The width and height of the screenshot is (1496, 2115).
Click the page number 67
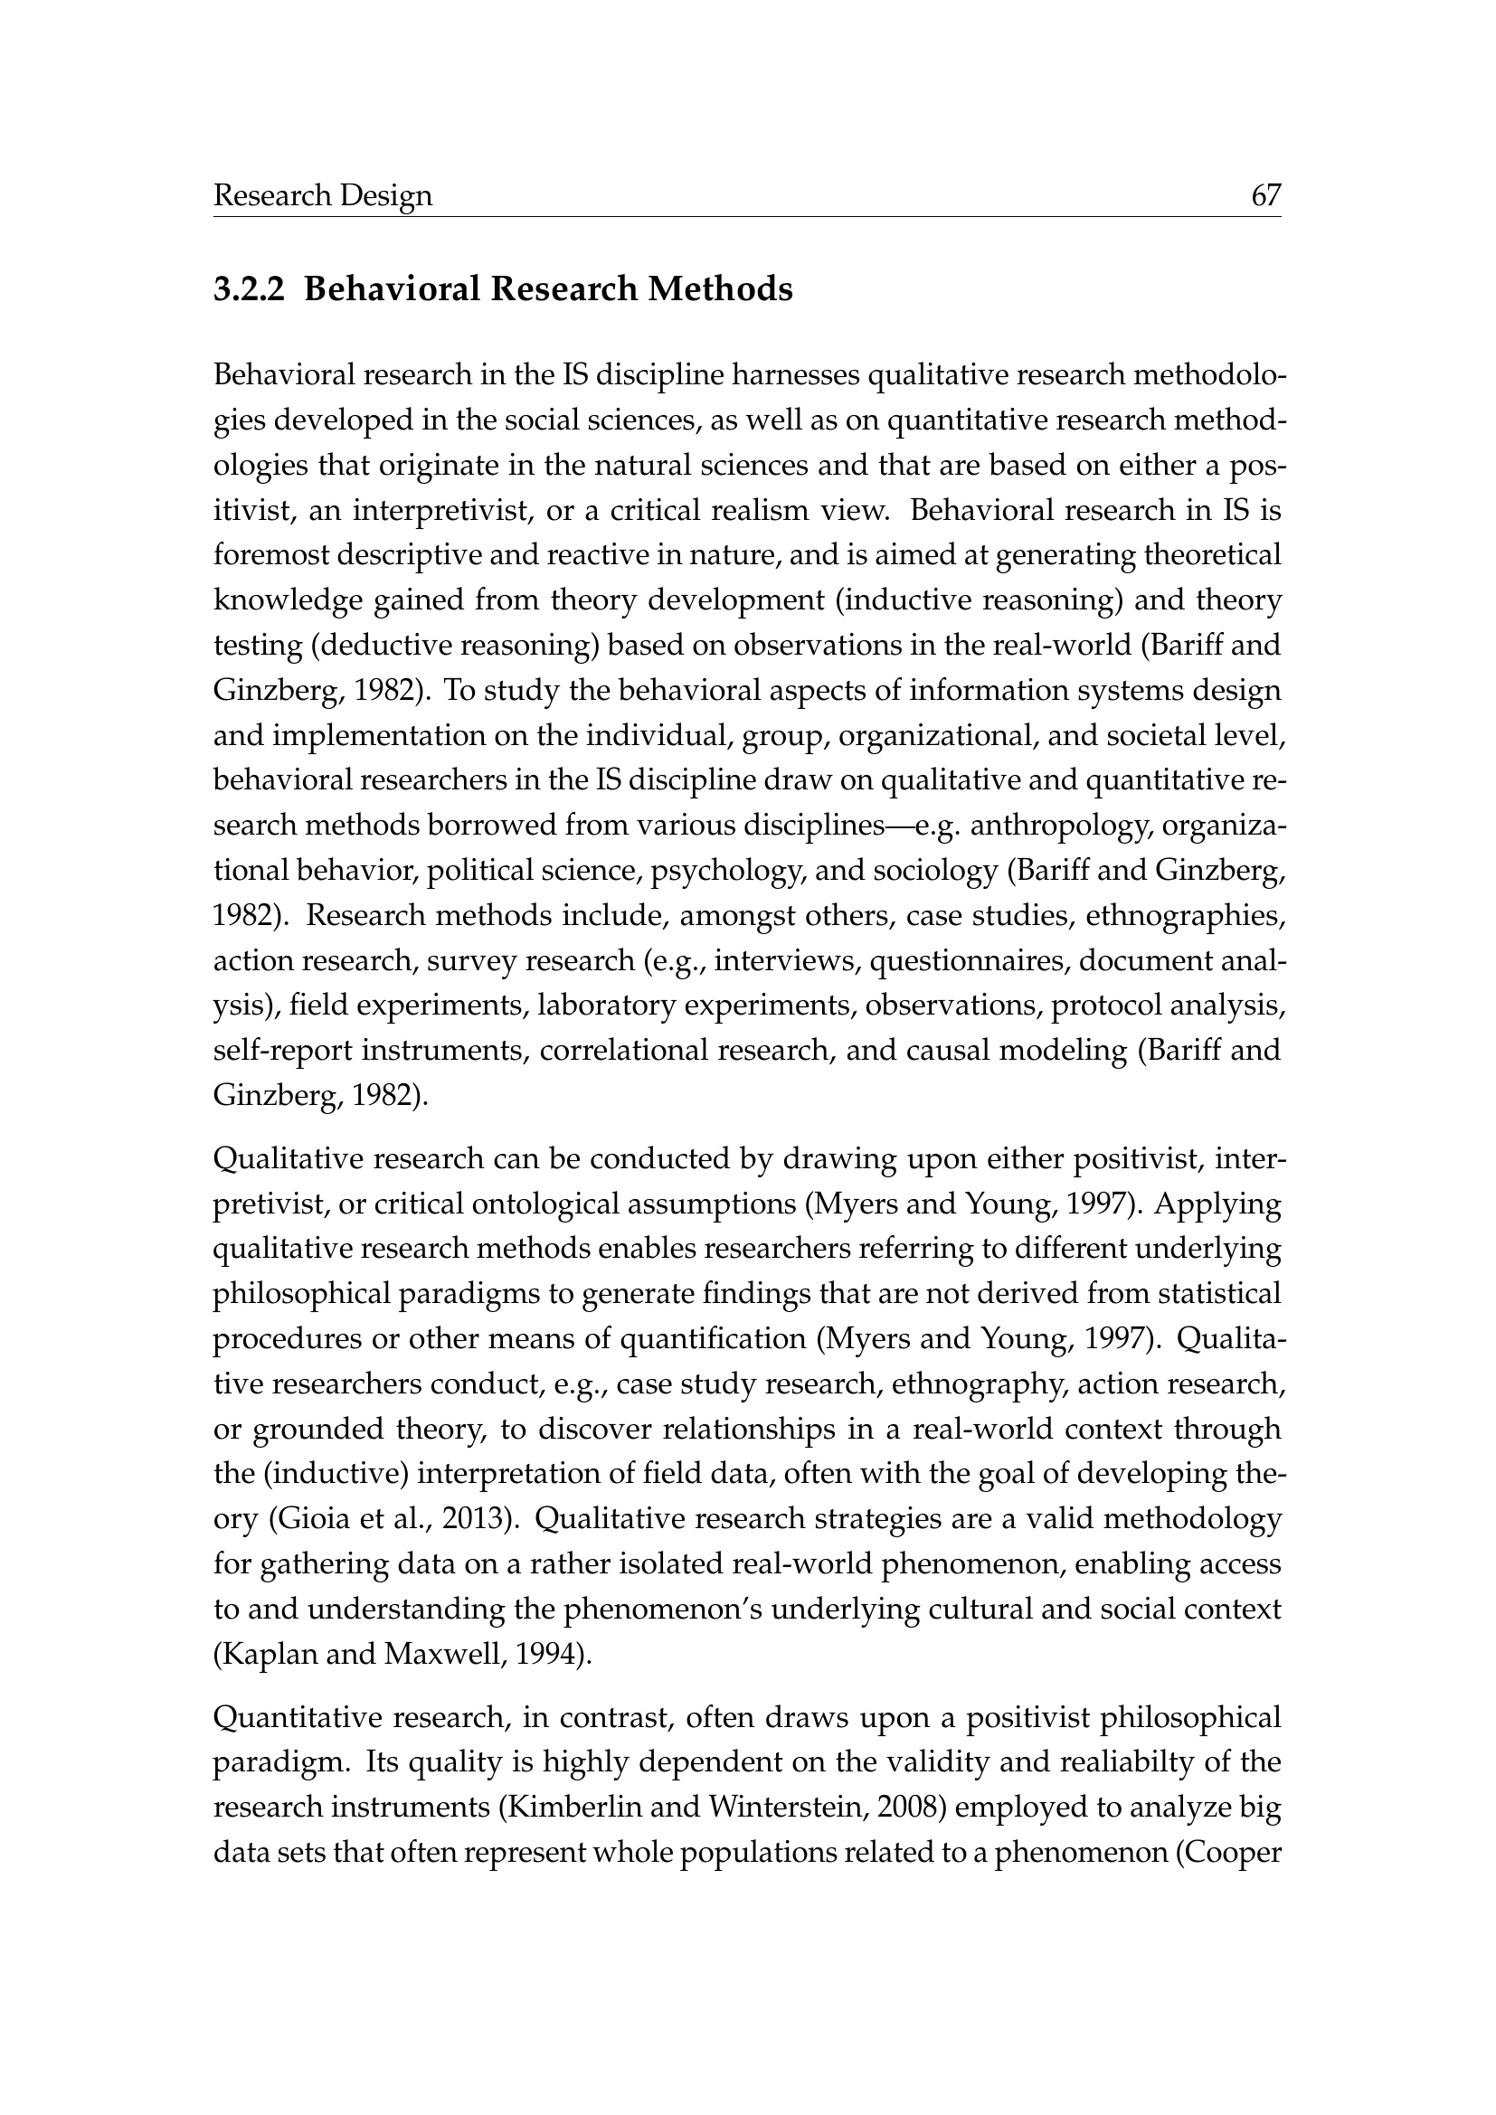[1265, 195]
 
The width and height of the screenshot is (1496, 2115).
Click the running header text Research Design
[322, 196]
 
